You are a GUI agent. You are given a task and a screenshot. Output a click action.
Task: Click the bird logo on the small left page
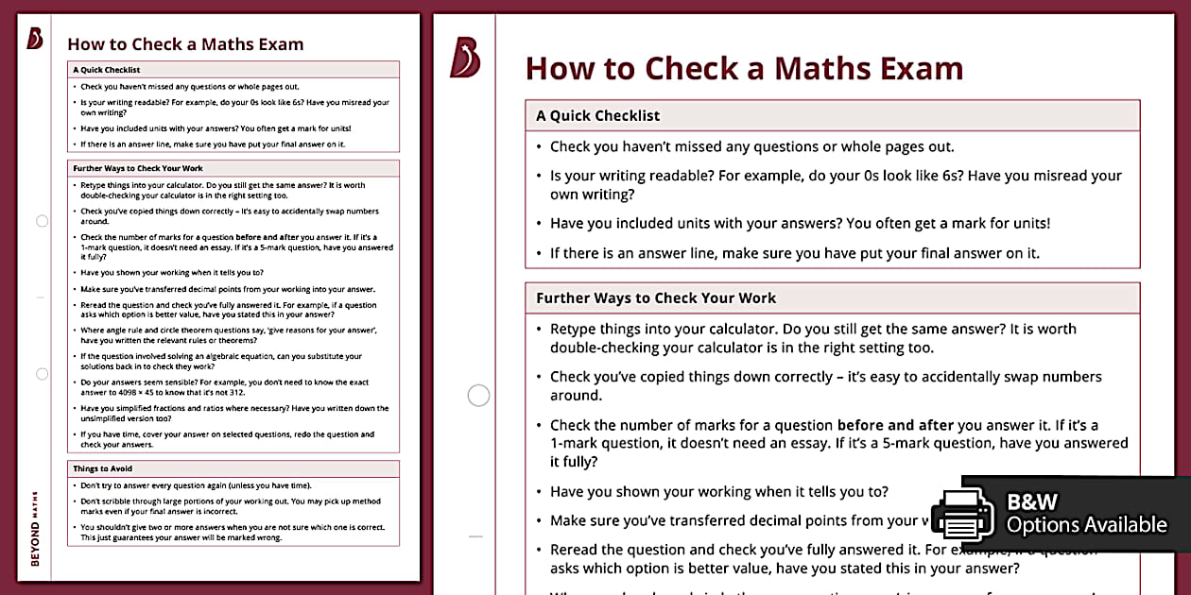pos(35,39)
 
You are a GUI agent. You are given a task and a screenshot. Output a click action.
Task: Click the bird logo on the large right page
pos(465,58)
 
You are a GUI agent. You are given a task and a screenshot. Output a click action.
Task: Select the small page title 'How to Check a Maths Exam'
pos(185,44)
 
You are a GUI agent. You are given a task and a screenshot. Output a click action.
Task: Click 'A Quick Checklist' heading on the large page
pos(597,116)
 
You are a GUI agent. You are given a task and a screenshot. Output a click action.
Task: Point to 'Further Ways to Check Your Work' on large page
pos(656,298)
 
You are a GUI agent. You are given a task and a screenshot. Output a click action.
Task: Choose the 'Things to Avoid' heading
pos(102,468)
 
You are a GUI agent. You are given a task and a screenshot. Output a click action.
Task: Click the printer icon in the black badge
pos(963,514)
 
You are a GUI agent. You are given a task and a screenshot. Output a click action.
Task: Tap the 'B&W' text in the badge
pos(1032,501)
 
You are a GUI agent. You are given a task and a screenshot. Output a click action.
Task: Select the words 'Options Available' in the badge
pos(1086,525)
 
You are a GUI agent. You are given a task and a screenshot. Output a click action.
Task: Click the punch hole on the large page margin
pos(479,395)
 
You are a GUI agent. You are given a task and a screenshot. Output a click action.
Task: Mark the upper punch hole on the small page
pos(42,221)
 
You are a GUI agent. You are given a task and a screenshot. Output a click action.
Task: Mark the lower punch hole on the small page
pos(42,374)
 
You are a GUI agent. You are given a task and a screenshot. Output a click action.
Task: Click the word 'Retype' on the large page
pos(576,330)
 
